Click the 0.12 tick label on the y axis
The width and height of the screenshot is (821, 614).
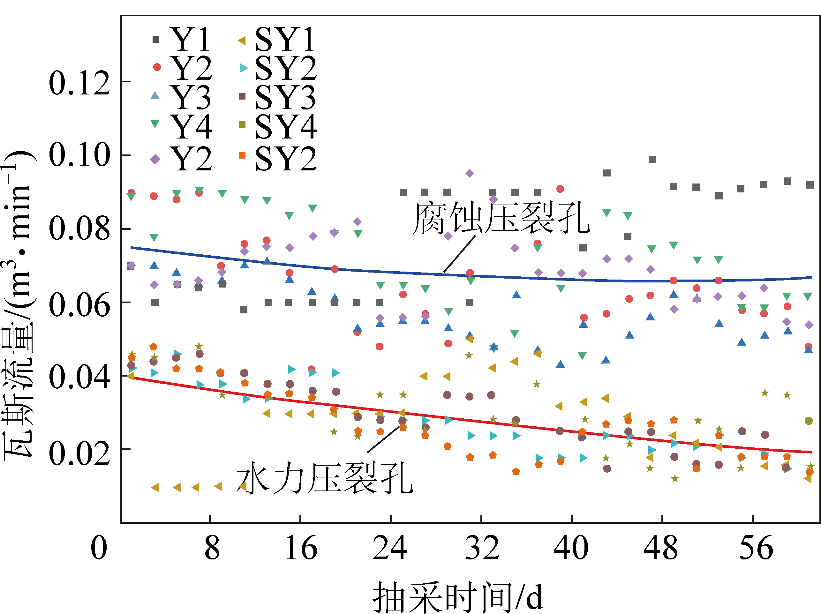(x=79, y=83)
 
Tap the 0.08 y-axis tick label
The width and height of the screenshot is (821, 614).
(x=79, y=229)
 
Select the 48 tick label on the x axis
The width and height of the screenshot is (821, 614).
(x=661, y=548)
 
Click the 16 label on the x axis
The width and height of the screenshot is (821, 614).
(x=301, y=548)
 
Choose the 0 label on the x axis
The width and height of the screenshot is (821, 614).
(x=99, y=548)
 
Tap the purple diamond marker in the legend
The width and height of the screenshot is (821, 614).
(x=155, y=159)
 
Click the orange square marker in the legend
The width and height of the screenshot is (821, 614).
(x=242, y=155)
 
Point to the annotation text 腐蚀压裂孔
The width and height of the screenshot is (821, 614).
(x=501, y=218)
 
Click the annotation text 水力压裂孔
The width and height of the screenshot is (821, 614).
(x=324, y=478)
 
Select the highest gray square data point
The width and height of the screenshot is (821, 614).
(x=652, y=160)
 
